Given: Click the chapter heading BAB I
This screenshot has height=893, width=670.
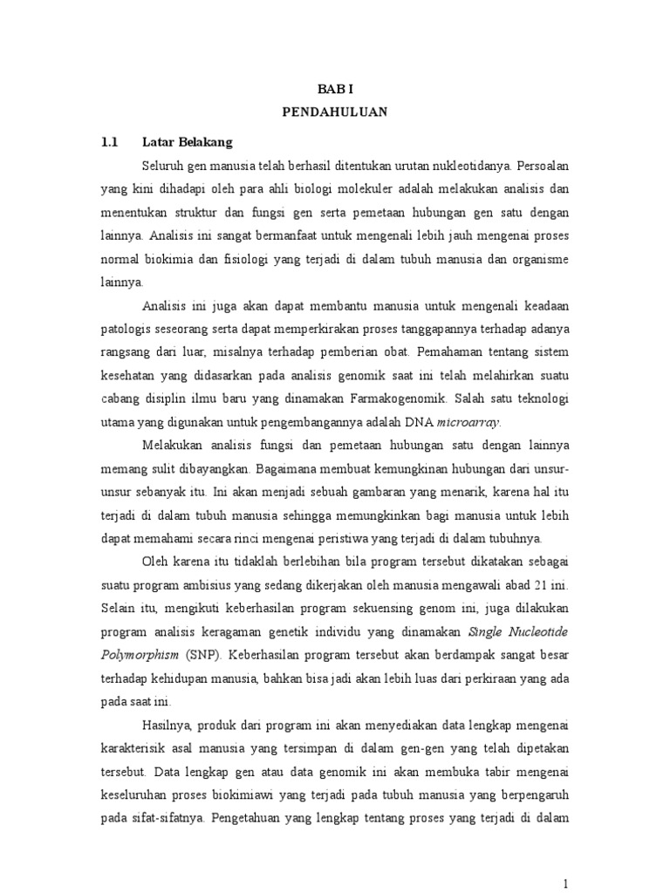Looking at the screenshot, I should click(336, 88).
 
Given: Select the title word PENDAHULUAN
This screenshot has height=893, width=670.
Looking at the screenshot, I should click(336, 112).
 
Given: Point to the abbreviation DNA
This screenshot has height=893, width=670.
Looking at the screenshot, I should click(413, 423).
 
